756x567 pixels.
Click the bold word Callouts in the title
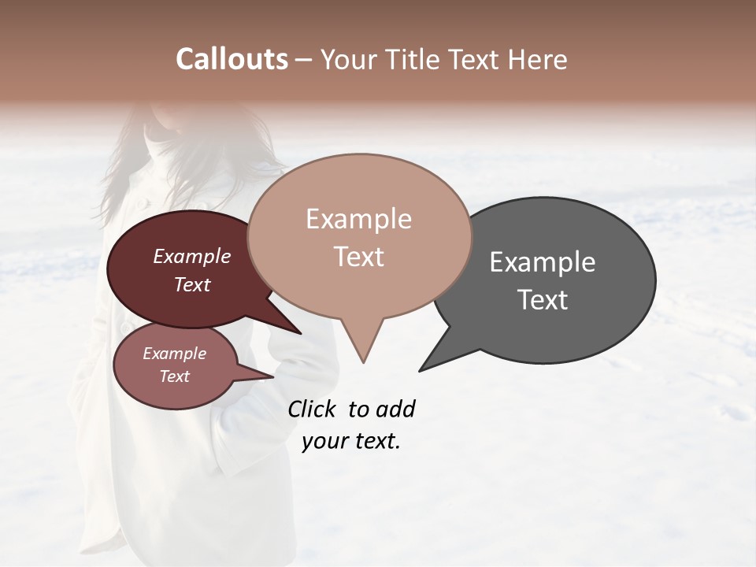pyautogui.click(x=232, y=59)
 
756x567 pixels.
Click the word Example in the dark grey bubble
pyautogui.click(x=543, y=262)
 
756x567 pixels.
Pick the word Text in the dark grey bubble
pyautogui.click(x=543, y=300)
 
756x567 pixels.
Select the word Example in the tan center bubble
pyautogui.click(x=358, y=219)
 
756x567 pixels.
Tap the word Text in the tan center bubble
pyautogui.click(x=358, y=257)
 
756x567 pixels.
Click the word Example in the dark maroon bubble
pyautogui.click(x=192, y=256)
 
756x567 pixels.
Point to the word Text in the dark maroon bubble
pyautogui.click(x=192, y=284)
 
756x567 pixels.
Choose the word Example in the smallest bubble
pyautogui.click(x=174, y=354)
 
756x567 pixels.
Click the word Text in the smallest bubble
pyautogui.click(x=174, y=376)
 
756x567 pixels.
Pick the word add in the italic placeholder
pyautogui.click(x=395, y=409)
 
